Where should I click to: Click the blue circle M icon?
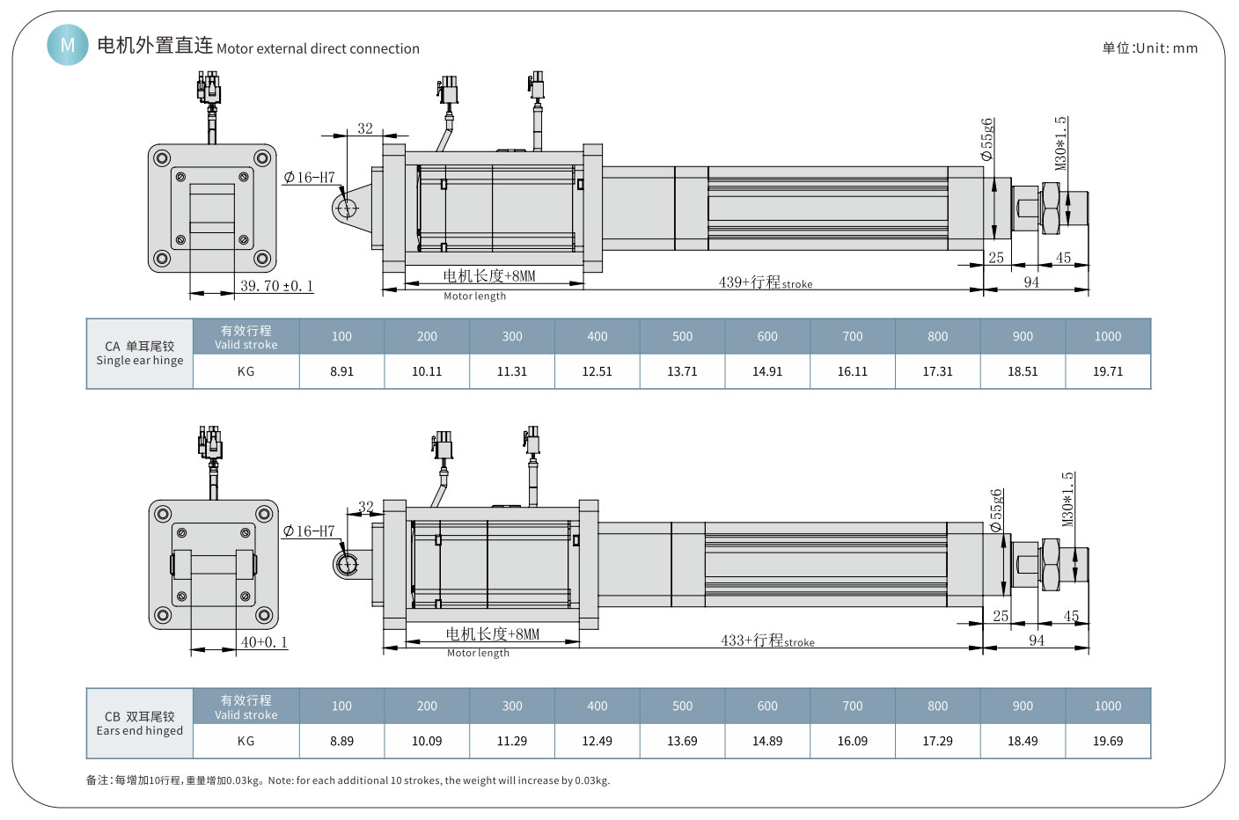tap(68, 44)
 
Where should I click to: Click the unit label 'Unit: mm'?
tap(1149, 48)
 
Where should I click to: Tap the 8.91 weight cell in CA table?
tap(341, 371)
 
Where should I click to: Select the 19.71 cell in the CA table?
tap(1107, 371)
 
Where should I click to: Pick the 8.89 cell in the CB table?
tap(341, 741)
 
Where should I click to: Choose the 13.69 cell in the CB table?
tap(682, 741)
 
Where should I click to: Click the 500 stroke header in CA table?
tap(682, 336)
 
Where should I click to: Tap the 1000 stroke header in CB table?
tap(1107, 706)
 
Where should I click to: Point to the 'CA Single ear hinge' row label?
tap(140, 353)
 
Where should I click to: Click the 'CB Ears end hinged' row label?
tap(140, 723)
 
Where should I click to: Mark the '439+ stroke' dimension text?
tap(765, 282)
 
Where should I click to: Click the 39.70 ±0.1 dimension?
tap(276, 286)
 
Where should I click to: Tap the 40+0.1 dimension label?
tap(264, 642)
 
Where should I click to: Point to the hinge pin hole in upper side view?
tap(346, 208)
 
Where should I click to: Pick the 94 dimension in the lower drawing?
tap(1037, 641)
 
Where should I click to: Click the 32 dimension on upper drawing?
tap(365, 128)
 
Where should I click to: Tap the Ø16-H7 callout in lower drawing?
tap(309, 531)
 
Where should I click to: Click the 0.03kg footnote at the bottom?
tap(348, 780)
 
